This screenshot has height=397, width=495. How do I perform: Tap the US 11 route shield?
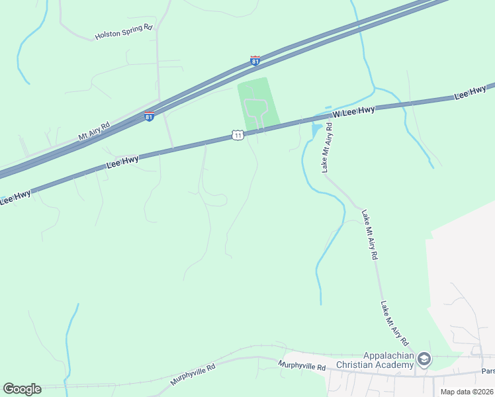238,135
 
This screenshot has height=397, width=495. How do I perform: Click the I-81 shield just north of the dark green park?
255,62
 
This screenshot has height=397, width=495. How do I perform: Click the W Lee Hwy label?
353,111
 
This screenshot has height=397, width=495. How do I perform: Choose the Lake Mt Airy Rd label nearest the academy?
392,324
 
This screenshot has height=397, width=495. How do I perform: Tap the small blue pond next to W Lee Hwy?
317,127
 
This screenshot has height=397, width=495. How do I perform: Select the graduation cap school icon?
424,359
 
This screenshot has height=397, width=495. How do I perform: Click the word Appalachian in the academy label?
388,355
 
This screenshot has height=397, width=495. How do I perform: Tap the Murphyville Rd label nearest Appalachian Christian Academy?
302,366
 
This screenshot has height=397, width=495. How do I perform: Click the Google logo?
22,389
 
